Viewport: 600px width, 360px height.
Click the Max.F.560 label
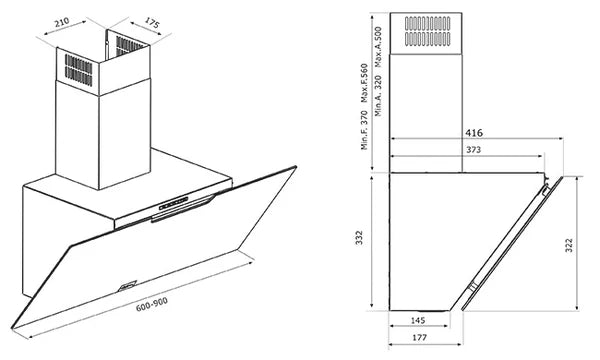[364, 84]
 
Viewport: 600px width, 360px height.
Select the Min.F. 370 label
[364, 129]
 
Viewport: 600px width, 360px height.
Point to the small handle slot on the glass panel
[126, 283]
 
